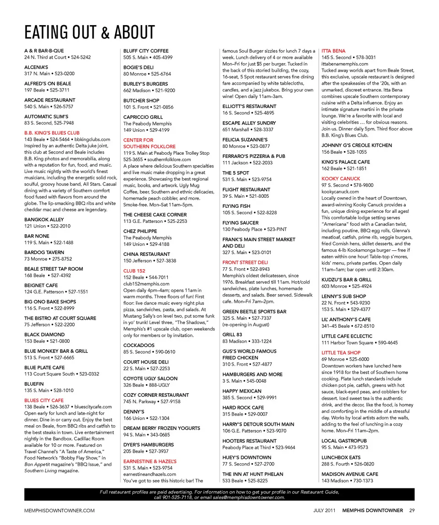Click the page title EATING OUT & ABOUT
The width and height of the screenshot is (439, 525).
(90, 32)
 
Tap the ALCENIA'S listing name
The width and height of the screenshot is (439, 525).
(37, 67)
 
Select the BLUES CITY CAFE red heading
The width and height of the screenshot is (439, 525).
(44, 400)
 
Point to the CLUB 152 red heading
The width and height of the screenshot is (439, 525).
(134, 271)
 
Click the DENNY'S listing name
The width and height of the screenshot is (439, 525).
(134, 411)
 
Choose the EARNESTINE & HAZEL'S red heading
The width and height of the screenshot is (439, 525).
(150, 461)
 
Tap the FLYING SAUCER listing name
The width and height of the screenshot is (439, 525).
(241, 223)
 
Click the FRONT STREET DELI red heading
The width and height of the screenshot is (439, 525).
(245, 262)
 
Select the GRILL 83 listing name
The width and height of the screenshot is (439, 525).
(232, 335)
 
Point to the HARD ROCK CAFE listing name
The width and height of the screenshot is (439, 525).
(243, 407)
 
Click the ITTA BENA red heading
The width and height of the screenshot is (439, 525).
(333, 51)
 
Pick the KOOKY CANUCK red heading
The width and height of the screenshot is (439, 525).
(341, 179)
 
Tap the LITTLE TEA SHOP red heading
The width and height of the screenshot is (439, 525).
(341, 352)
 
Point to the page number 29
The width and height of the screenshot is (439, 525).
(412, 510)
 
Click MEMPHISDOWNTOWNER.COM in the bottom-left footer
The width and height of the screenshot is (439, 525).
(59, 510)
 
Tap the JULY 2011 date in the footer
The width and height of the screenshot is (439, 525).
(326, 510)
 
